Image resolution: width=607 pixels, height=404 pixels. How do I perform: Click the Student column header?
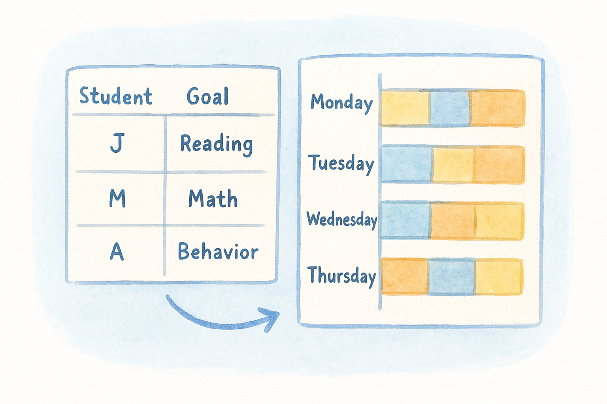coord(116,96)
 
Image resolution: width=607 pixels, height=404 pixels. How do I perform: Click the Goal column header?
coord(208,96)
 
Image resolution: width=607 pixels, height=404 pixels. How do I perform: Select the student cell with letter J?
coord(117,143)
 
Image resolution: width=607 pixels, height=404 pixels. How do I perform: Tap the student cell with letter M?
coord(117,198)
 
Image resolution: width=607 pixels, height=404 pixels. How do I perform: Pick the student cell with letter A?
coord(117,251)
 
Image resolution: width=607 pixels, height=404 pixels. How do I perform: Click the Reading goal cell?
coord(217,144)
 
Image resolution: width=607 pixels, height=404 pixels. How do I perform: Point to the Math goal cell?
coord(213,198)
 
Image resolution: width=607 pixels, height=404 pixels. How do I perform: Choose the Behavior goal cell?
coord(218,251)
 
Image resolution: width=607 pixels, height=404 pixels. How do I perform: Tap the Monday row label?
coord(341,103)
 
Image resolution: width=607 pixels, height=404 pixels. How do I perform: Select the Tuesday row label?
coord(341,163)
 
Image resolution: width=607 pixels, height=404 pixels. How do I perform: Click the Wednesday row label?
coord(342,219)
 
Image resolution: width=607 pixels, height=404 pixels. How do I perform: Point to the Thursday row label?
coord(341,275)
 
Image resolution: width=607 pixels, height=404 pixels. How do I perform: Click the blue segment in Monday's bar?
coord(450,108)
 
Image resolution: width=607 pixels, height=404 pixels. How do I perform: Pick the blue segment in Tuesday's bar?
coord(407,165)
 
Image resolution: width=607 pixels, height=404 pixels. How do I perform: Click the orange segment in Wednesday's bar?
coord(453,221)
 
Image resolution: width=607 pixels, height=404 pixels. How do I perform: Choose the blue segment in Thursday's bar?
coord(451,277)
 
